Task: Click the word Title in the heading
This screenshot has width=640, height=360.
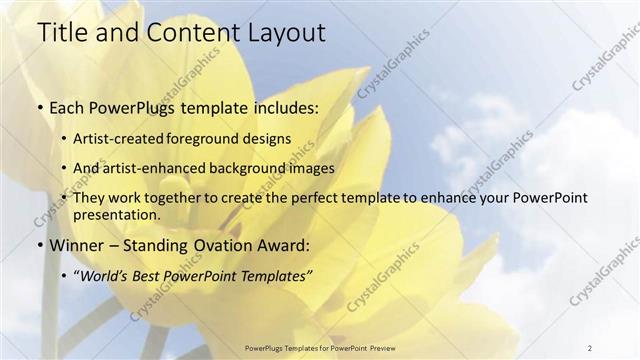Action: [x=60, y=33]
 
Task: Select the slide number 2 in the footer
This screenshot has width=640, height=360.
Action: [x=589, y=347]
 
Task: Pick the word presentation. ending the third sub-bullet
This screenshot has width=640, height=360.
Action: [x=117, y=214]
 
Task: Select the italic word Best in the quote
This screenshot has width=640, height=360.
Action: [x=147, y=275]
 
